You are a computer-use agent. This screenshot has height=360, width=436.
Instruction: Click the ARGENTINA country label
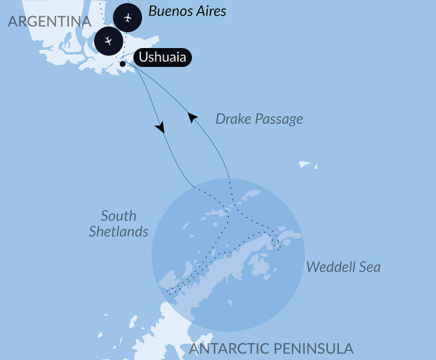click(49, 22)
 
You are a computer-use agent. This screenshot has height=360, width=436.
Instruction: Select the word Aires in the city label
click(211, 11)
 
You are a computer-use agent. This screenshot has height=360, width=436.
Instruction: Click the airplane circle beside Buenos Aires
click(128, 18)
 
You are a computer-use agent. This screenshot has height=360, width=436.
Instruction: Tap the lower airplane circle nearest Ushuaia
click(109, 41)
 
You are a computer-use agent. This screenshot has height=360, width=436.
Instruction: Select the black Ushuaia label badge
click(163, 58)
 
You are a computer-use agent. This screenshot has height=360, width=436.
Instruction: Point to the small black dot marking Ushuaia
click(122, 63)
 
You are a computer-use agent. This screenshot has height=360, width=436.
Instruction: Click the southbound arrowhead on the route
click(160, 127)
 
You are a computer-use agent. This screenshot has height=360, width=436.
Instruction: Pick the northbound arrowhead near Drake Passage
click(192, 118)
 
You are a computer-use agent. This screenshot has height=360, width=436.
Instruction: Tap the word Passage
click(279, 119)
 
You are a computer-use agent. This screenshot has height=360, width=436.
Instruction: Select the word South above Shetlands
click(118, 216)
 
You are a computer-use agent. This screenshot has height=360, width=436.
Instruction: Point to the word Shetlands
click(118, 232)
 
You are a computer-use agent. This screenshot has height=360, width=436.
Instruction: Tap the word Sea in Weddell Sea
click(369, 267)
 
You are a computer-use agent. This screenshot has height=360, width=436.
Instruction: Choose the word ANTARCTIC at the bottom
click(234, 349)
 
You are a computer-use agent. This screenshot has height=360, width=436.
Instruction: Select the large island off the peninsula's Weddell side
click(260, 265)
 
